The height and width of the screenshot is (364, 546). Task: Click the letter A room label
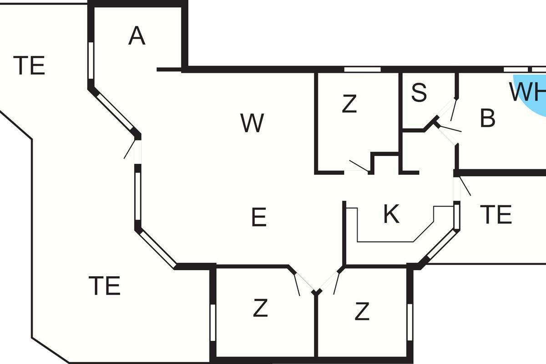tap(137, 36)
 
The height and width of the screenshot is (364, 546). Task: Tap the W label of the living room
tap(252, 123)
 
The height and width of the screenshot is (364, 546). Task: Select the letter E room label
tap(259, 217)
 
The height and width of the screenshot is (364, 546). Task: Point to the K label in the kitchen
tap(391, 214)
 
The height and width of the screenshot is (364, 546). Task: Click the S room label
tap(419, 92)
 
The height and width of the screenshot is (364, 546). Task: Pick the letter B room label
tap(487, 118)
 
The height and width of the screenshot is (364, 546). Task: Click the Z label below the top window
tap(349, 104)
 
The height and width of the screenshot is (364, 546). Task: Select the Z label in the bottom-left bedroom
tap(260, 308)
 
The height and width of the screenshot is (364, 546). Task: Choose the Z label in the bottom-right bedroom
tap(362, 311)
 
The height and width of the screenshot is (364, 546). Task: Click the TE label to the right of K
tap(496, 214)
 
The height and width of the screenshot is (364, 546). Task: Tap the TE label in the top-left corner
tap(29, 66)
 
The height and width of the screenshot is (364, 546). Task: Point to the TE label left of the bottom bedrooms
tap(104, 286)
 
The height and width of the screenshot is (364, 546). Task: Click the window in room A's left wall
tap(91, 61)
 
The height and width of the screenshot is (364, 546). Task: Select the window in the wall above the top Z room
tap(363, 70)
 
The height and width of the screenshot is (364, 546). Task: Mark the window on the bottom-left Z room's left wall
tap(213, 323)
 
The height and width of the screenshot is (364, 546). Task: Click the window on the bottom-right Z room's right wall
tap(410, 322)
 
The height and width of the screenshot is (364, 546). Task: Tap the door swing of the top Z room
tap(359, 166)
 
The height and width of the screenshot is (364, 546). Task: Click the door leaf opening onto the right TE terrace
tap(465, 186)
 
